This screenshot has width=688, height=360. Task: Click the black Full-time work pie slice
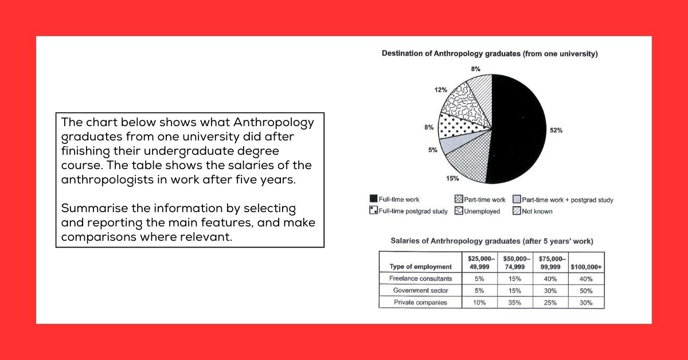tap(519, 129)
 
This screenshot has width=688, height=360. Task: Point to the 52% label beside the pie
tap(556, 130)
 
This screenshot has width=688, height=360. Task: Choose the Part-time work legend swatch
tap(458, 200)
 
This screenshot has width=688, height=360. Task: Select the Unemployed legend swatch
tap(458, 211)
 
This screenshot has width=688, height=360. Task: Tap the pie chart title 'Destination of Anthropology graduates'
tap(490, 54)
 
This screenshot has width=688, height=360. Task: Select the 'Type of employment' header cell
tap(420, 267)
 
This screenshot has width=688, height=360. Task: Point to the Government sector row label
tap(420, 290)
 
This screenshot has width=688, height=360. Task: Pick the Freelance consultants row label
tap(420, 279)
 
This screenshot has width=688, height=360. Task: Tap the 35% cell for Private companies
tap(514, 302)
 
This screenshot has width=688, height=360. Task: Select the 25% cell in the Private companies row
tap(550, 302)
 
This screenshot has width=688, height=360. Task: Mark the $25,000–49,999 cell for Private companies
tap(479, 302)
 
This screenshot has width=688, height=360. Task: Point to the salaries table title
tap(491, 241)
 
